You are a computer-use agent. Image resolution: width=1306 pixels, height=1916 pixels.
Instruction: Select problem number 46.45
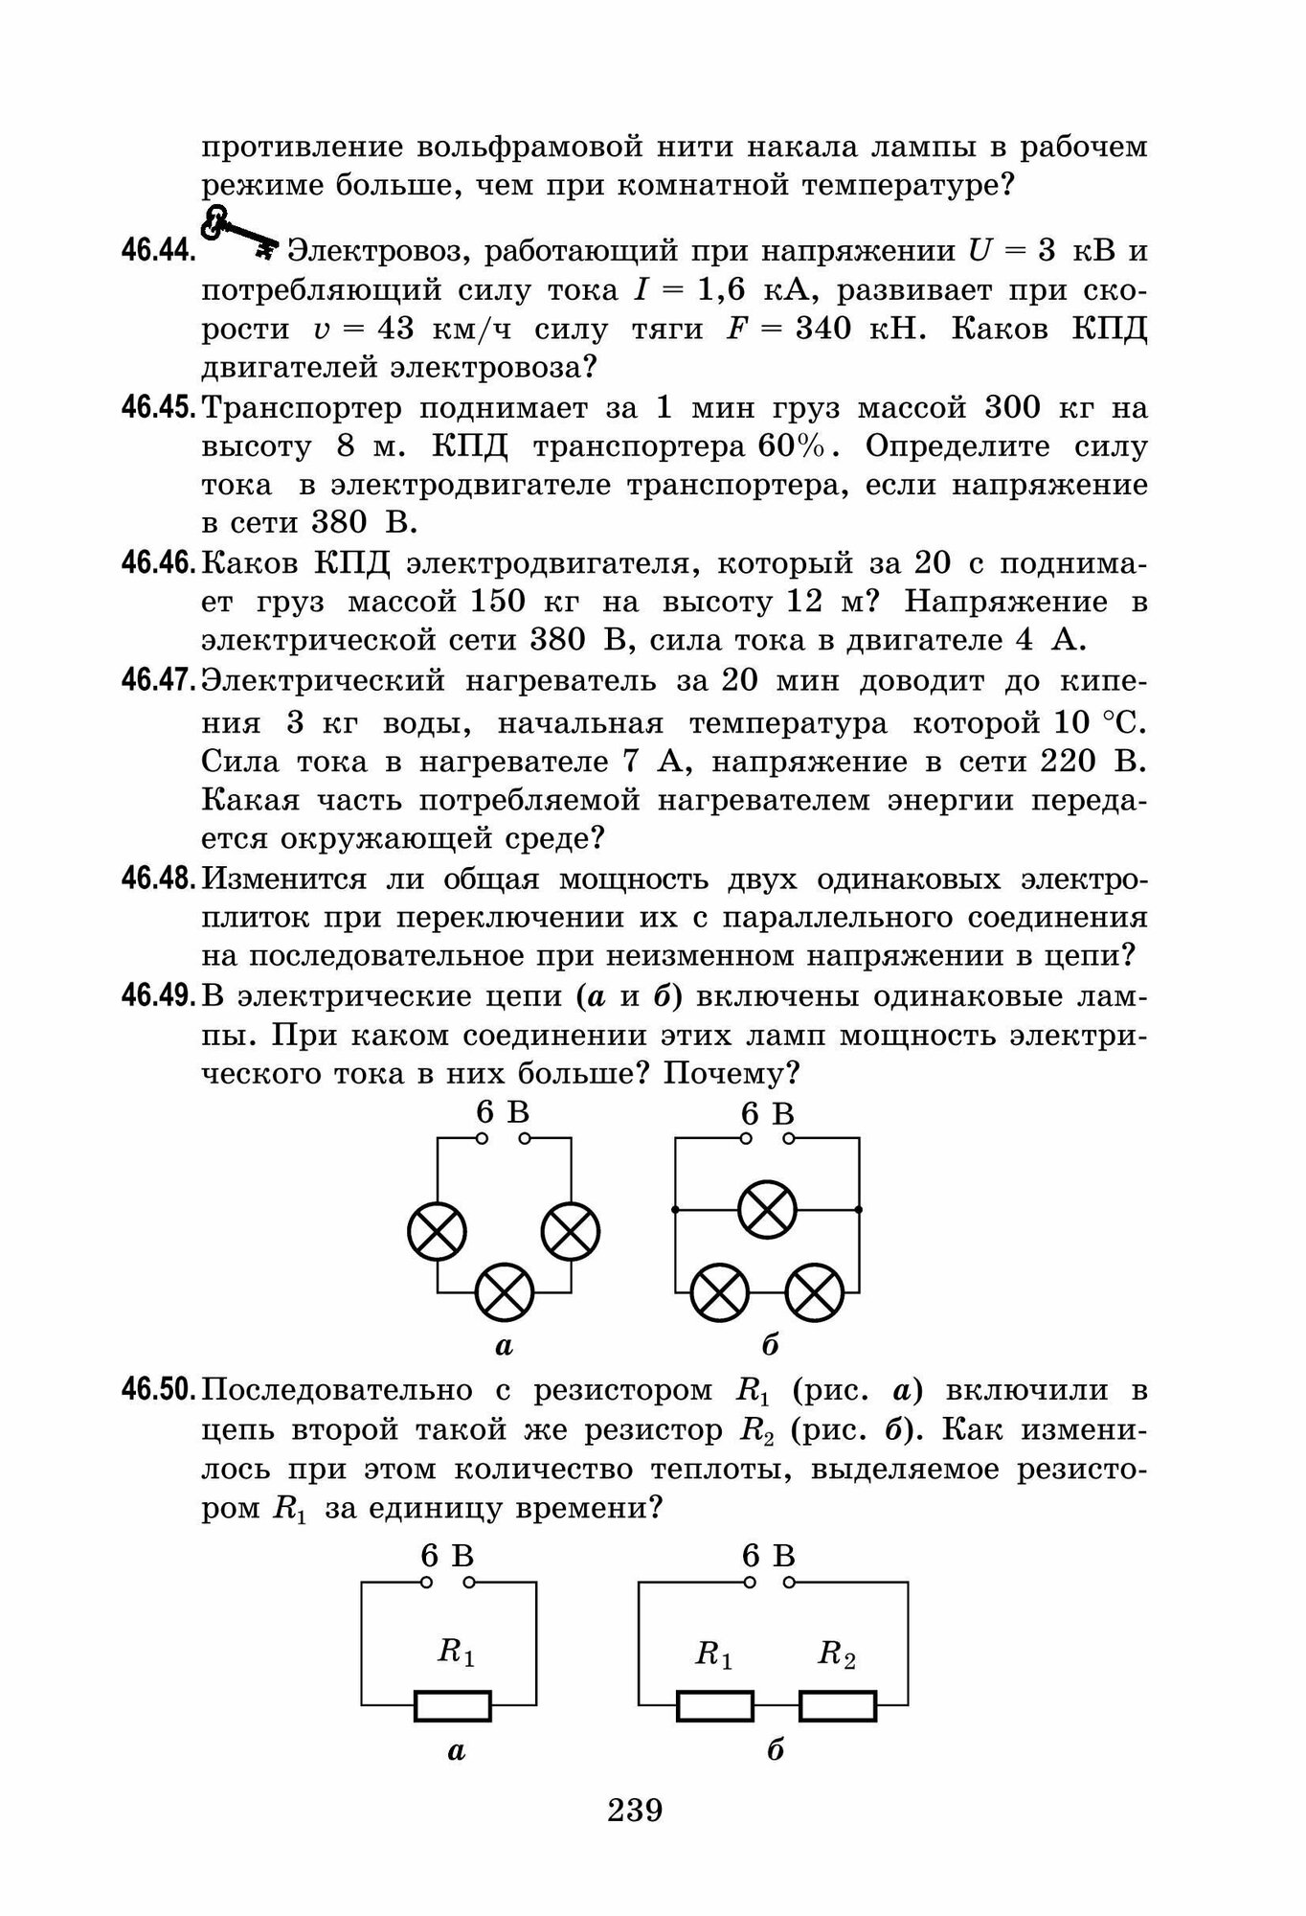159,407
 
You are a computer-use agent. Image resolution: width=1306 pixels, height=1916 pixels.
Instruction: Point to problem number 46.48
159,878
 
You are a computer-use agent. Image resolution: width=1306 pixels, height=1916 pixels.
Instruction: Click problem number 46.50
159,1389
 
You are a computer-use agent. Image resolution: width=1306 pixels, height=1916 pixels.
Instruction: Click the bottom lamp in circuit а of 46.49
505,1291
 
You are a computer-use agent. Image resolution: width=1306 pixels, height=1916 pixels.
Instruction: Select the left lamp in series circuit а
438,1231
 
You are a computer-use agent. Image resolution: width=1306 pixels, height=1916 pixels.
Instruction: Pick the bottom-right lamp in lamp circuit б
815,1291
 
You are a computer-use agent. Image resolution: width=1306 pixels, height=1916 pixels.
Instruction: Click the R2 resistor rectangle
838,1706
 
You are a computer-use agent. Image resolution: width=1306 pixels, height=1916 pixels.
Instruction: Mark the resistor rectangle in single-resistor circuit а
453,1706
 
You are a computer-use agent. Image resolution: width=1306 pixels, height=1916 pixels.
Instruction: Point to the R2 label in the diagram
836,1654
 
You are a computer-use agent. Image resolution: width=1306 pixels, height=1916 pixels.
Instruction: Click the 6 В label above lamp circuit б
768,1113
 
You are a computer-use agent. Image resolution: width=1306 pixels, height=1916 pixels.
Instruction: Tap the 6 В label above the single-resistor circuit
447,1556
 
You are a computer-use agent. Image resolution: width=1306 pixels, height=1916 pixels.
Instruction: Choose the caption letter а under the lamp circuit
504,1346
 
